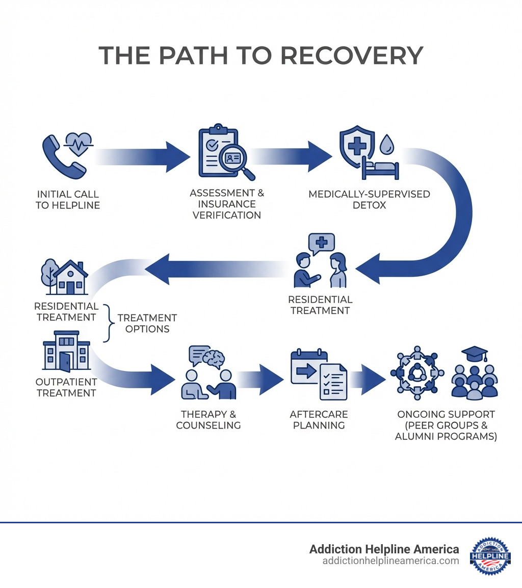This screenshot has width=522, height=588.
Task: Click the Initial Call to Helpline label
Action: click(x=68, y=200)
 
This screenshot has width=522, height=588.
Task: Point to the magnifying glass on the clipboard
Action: click(x=236, y=161)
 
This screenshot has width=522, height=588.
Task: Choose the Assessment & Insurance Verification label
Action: click(x=227, y=204)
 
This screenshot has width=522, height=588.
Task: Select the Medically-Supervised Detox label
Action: click(x=369, y=199)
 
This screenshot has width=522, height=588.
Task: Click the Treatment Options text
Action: click(x=147, y=323)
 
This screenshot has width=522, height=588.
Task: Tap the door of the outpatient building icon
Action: click(x=65, y=362)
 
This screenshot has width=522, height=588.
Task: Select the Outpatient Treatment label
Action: click(x=66, y=387)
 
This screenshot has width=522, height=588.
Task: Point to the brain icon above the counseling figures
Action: click(x=213, y=358)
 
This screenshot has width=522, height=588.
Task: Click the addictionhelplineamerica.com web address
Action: click(x=390, y=560)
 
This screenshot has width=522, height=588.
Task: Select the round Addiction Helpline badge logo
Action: click(x=490, y=555)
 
